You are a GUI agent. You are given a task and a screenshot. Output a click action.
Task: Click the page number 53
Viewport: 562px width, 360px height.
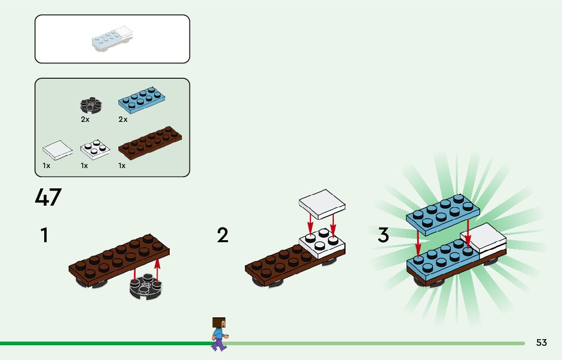coord(541,343)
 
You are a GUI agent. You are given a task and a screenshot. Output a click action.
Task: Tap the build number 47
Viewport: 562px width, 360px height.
coord(48,198)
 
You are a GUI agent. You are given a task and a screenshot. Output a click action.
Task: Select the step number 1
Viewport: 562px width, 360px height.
coord(45,236)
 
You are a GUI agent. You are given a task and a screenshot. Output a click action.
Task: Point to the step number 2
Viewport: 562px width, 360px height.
coord(223,236)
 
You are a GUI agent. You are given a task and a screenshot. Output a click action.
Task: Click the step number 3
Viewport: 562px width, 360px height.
coord(383,236)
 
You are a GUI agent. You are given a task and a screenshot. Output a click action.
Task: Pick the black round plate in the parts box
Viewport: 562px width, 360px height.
coord(91,105)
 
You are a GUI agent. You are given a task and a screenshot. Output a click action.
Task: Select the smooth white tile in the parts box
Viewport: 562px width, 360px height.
coord(57,150)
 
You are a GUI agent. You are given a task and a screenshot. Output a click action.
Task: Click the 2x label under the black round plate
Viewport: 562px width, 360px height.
coord(85,120)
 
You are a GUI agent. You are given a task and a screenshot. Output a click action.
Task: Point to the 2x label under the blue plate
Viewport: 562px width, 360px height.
coord(123,120)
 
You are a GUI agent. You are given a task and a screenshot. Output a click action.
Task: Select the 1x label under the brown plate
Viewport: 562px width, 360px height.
coord(122,166)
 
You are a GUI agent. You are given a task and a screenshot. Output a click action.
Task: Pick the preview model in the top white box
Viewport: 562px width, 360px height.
coord(112,39)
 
